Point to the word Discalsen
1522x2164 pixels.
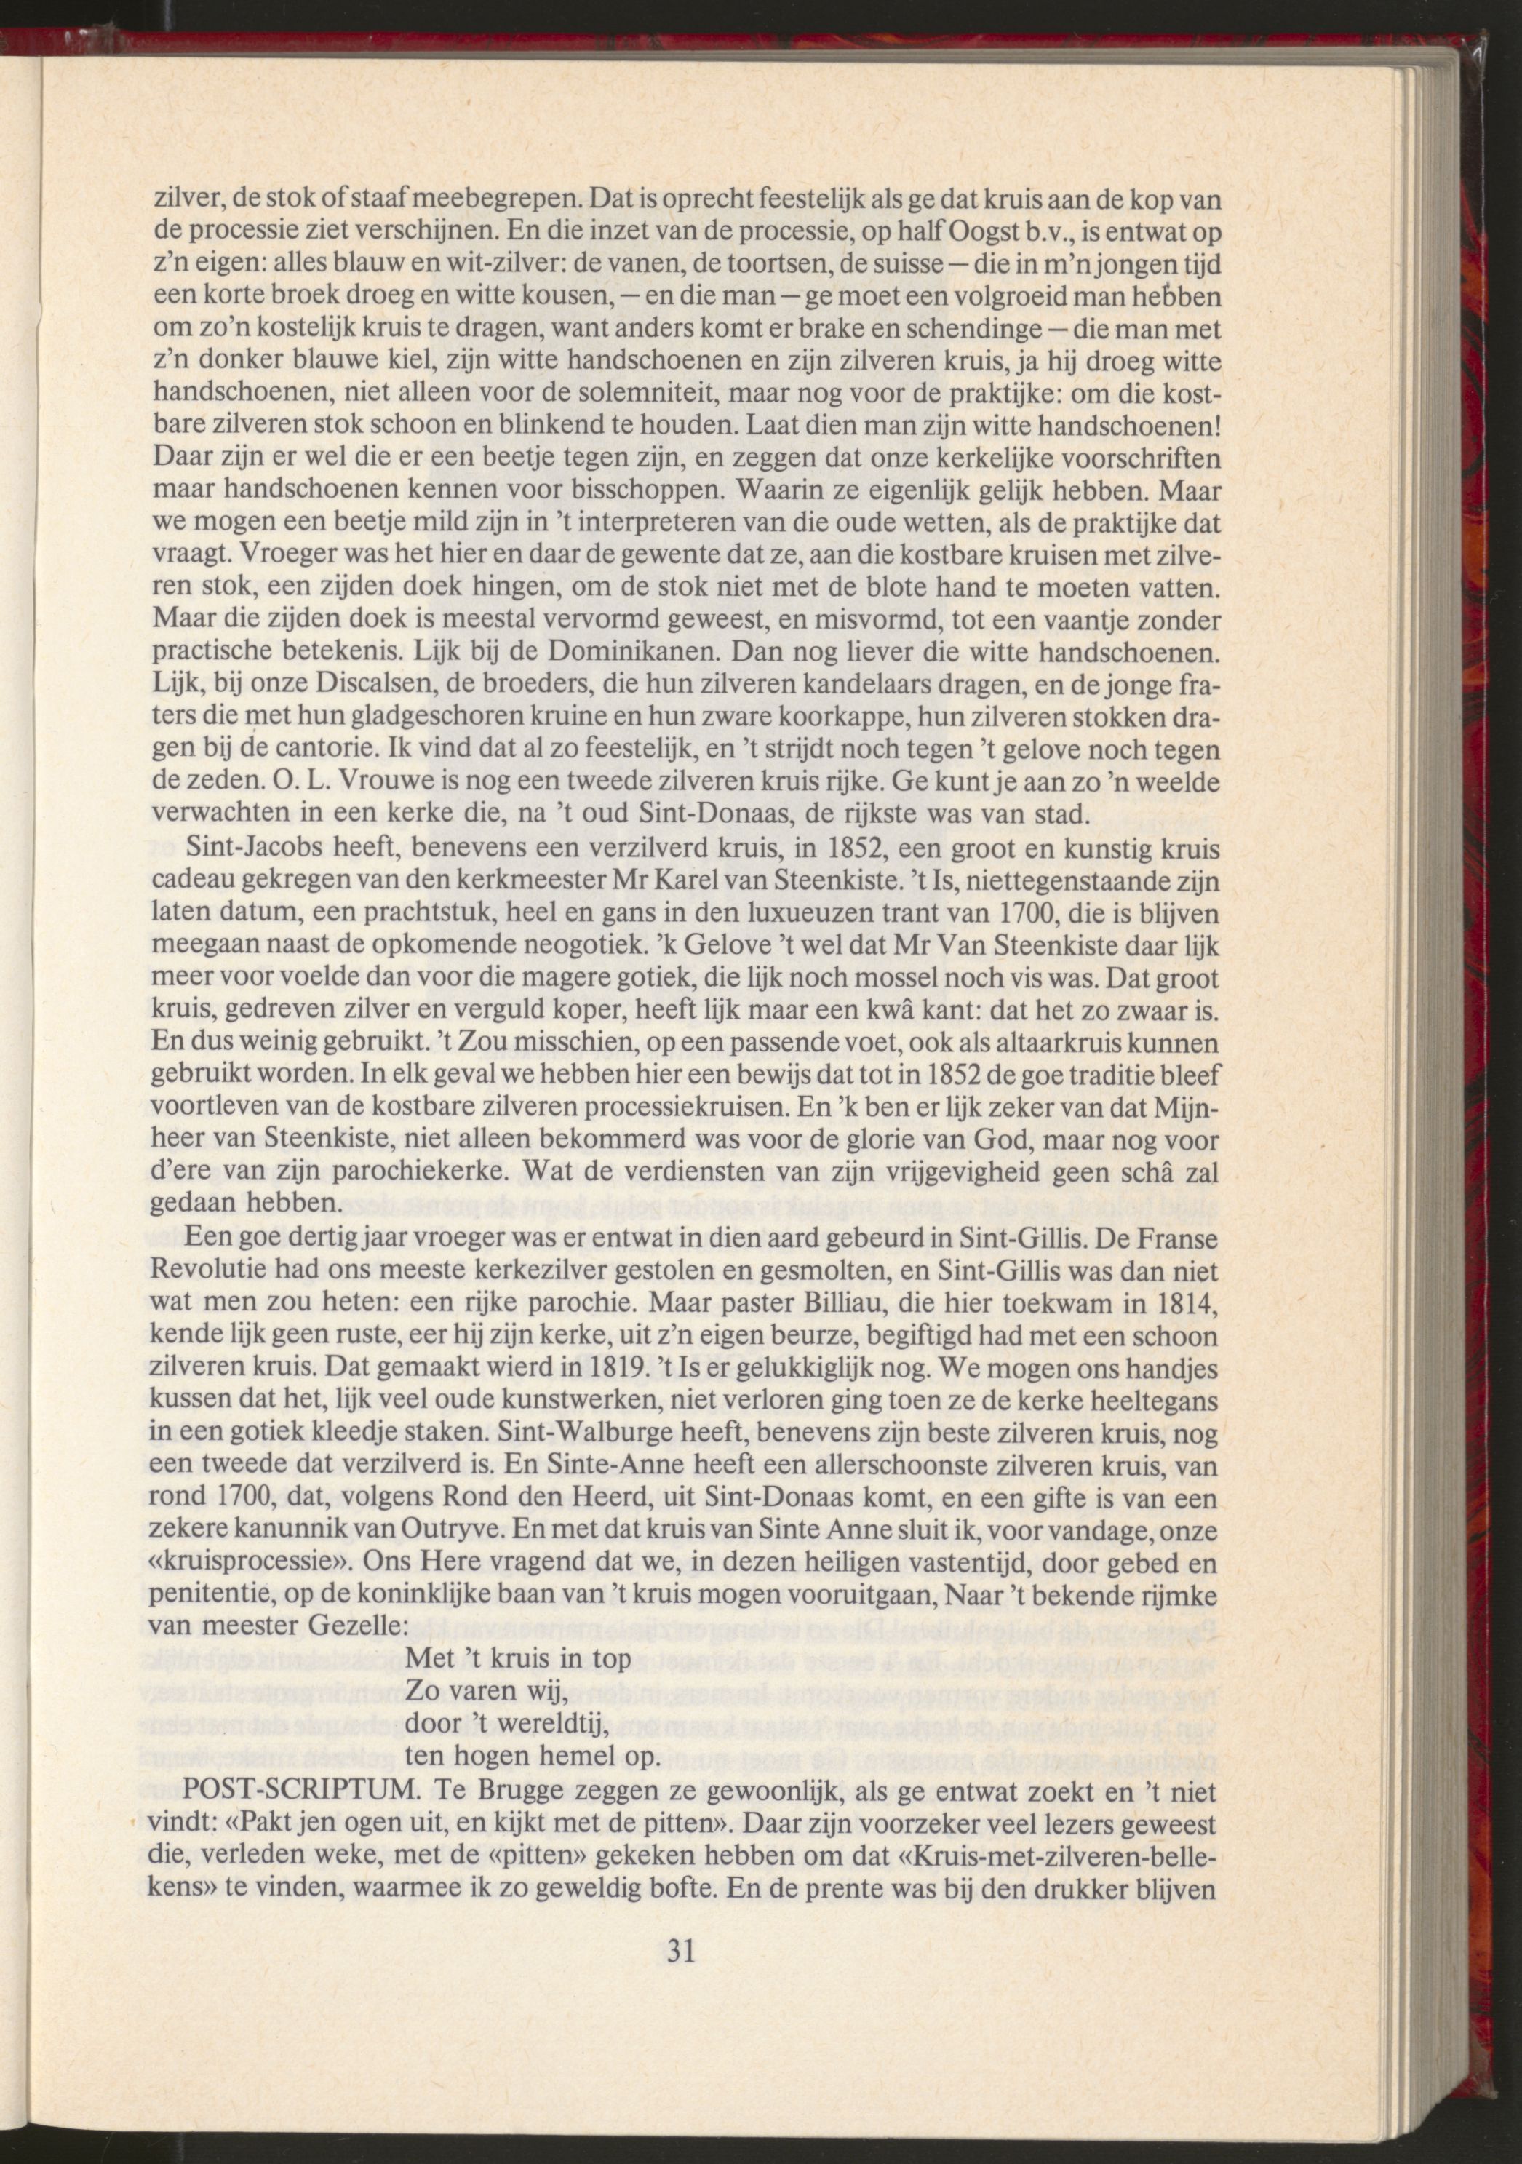pos(354,683)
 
